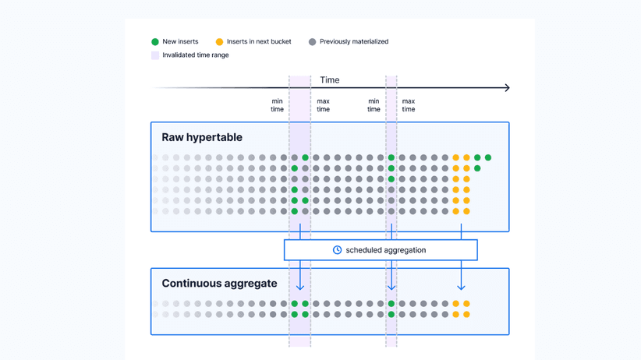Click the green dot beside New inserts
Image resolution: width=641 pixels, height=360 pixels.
pyautogui.click(x=155, y=42)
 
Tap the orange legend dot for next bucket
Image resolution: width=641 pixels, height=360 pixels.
pyautogui.click(x=219, y=42)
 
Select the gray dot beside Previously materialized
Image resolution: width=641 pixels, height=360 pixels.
pyautogui.click(x=312, y=42)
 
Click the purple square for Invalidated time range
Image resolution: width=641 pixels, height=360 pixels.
pyautogui.click(x=155, y=55)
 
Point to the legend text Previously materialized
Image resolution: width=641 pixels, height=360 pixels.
pyautogui.click(x=353, y=42)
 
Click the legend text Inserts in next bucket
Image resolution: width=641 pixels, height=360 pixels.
pyautogui.click(x=259, y=42)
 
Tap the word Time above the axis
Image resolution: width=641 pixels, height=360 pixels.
pyautogui.click(x=329, y=80)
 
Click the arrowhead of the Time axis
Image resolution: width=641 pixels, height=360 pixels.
pyautogui.click(x=507, y=88)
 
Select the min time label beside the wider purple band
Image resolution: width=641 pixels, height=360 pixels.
pyautogui.click(x=277, y=105)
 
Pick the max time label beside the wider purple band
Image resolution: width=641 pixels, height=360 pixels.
pyautogui.click(x=323, y=105)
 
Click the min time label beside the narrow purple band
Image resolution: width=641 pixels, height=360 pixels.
pyautogui.click(x=374, y=105)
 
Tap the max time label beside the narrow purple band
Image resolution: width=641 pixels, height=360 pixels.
pyautogui.click(x=408, y=105)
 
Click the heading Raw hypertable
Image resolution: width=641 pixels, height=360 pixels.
pyautogui.click(x=202, y=138)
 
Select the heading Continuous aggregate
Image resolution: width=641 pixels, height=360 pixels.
pyautogui.click(x=218, y=284)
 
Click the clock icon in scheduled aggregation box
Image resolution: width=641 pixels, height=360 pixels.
pyautogui.click(x=337, y=250)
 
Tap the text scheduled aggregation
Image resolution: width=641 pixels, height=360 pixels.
pyautogui.click(x=385, y=250)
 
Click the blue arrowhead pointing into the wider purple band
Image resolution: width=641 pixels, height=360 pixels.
pyautogui.click(x=300, y=287)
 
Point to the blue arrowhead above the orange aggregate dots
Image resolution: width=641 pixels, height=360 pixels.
pyautogui.click(x=461, y=287)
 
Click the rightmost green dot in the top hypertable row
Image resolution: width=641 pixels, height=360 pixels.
pyautogui.click(x=488, y=157)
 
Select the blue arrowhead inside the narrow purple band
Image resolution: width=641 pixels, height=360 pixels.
pyautogui.click(x=391, y=287)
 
